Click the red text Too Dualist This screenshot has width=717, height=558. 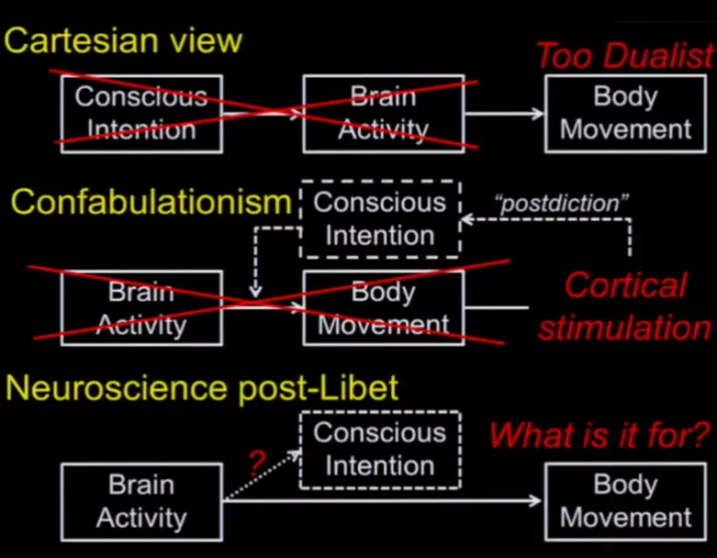(x=624, y=56)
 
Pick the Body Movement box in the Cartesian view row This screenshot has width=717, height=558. (x=625, y=113)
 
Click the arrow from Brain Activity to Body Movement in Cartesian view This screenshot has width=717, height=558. (x=504, y=114)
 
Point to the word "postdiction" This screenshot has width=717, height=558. (x=563, y=201)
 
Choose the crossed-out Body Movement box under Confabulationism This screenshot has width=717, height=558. (x=383, y=307)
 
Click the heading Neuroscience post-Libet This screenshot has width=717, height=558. (x=202, y=388)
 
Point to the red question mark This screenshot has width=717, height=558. (x=258, y=465)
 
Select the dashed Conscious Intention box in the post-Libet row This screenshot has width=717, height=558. (x=379, y=449)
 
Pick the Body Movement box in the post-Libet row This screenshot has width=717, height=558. (x=625, y=500)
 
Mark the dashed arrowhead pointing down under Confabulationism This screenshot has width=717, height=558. (x=256, y=292)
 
